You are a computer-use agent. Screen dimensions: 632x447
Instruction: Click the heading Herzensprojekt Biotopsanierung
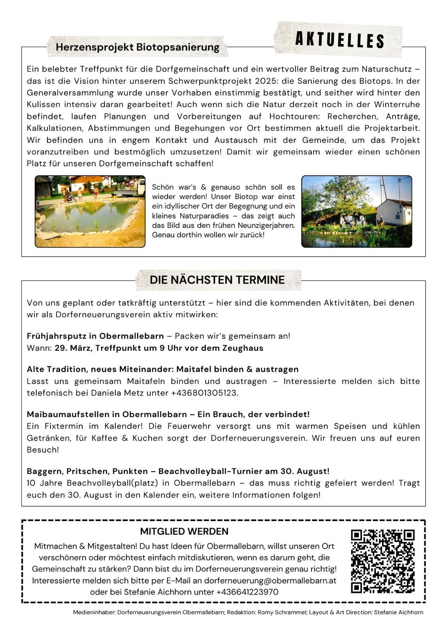pos(137,47)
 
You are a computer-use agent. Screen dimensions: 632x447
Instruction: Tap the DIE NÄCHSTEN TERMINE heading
pos(217,280)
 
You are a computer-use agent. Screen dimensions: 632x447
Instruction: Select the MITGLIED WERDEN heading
pos(184,531)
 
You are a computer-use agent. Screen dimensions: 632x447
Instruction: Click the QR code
pos(383,561)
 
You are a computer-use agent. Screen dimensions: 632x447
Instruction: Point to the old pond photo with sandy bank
pos(90,211)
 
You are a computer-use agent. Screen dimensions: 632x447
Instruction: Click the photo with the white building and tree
pos(356,211)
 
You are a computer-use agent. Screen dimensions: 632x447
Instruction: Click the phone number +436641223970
pos(247,592)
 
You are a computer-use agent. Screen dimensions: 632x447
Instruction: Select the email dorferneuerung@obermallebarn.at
pos(270,580)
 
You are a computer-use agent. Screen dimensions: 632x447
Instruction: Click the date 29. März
pos(73,348)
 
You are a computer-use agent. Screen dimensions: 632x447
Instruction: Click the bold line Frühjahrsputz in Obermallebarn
pos(95,336)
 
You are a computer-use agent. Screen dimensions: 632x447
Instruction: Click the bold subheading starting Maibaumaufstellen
pos(168,414)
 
